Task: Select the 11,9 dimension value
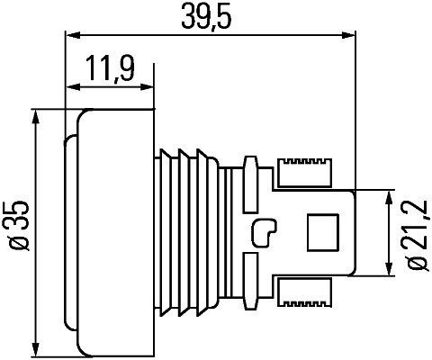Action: (x=110, y=67)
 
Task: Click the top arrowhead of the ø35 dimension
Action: (x=36, y=115)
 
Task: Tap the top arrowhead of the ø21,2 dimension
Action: (x=390, y=195)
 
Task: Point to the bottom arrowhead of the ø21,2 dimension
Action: (x=390, y=269)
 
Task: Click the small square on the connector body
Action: (x=321, y=232)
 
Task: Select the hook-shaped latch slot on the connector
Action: (x=265, y=233)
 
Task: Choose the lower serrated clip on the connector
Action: (x=305, y=292)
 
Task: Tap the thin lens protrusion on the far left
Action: (x=69, y=232)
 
